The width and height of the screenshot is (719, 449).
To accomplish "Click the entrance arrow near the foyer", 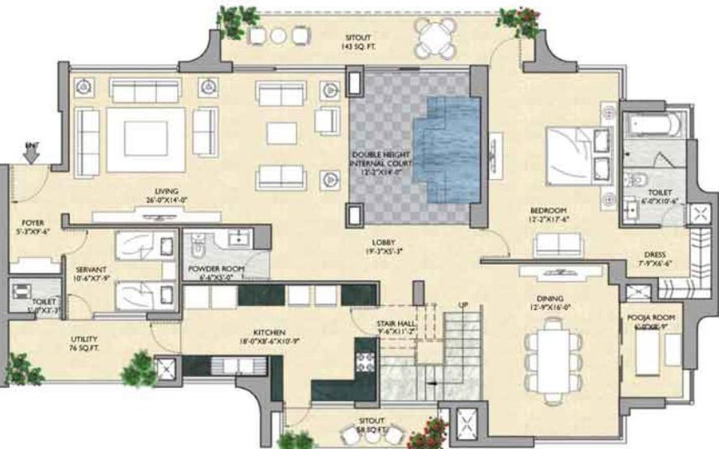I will tap(31, 153).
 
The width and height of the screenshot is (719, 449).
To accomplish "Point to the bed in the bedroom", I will tap(579, 153).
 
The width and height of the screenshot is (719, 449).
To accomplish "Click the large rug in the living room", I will tap(146, 139).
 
